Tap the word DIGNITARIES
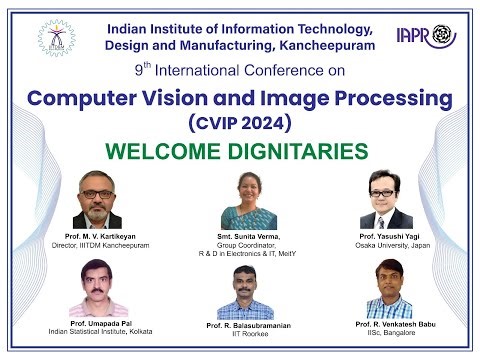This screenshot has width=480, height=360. click(x=299, y=152)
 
